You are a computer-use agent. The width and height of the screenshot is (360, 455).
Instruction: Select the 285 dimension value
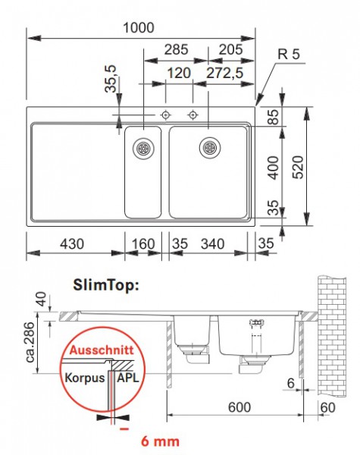pos(176,50)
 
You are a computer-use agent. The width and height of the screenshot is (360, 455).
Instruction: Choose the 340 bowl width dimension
pos(212,244)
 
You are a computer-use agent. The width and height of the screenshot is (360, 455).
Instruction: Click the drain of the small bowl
pos(142,149)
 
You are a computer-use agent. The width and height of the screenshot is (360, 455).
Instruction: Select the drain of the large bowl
pos(209,147)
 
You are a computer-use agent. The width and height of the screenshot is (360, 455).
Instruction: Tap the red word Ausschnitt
pos(99,352)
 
